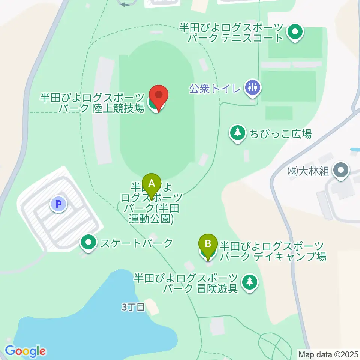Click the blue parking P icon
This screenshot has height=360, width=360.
[x=58, y=204]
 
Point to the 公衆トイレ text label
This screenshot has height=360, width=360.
[x=215, y=88]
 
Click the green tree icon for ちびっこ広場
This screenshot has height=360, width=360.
[x=237, y=133]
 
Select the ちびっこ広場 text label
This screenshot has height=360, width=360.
[x=276, y=133]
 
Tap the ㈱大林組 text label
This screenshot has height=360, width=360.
[x=308, y=171]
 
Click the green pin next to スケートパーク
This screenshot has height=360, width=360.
[x=88, y=243]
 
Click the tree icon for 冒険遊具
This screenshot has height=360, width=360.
[x=249, y=282]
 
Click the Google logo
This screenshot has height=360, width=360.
[x=25, y=351]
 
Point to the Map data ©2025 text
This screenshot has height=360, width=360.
[x=328, y=354]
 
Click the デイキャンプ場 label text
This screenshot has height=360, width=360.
[x=272, y=251]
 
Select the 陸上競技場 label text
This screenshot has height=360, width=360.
[x=92, y=103]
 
